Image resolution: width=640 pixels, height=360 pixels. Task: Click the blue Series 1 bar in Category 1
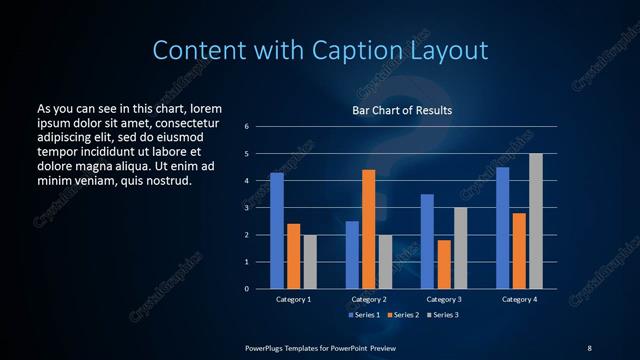click(x=276, y=231)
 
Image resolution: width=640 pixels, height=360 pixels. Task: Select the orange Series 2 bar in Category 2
click(x=369, y=229)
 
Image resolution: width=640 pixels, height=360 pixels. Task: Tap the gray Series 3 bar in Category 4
click(x=536, y=221)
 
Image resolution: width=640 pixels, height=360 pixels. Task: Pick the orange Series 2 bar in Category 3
click(x=444, y=264)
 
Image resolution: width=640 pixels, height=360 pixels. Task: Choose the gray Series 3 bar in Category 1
click(x=310, y=262)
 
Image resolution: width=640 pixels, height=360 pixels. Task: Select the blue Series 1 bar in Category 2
click(x=352, y=255)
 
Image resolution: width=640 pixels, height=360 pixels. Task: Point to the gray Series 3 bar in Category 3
click(x=461, y=248)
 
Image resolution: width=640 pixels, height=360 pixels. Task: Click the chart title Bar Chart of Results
click(x=403, y=110)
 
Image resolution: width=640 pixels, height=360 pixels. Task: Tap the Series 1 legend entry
click(x=364, y=315)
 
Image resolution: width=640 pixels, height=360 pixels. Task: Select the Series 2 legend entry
click(x=403, y=315)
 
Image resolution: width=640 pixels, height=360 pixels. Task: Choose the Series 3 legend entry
click(x=442, y=315)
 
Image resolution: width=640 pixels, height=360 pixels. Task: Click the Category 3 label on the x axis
click(x=444, y=299)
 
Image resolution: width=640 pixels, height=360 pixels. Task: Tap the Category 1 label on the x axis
click(x=294, y=299)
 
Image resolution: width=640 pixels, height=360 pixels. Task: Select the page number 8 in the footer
click(x=589, y=347)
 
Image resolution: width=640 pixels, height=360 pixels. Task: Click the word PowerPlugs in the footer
click(x=268, y=347)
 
